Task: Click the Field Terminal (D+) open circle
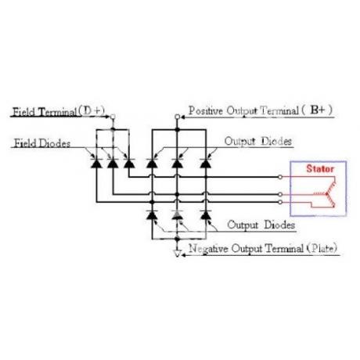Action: (x=113, y=117)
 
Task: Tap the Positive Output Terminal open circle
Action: (x=177, y=117)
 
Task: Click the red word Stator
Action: (x=320, y=168)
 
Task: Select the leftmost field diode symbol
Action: (x=96, y=164)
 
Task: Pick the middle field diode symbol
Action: (x=113, y=164)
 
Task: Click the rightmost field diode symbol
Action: (x=129, y=164)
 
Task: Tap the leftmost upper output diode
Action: (x=152, y=164)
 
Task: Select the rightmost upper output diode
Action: (x=206, y=164)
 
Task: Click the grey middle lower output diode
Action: (x=178, y=215)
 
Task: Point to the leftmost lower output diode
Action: (x=152, y=215)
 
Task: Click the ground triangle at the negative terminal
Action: (x=178, y=253)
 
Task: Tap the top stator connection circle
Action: (x=280, y=177)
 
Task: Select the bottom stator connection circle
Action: (x=280, y=202)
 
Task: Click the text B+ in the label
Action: (x=318, y=110)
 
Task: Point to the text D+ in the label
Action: (x=93, y=110)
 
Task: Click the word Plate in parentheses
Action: (x=323, y=248)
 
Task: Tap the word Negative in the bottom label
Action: (x=208, y=249)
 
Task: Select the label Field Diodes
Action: (x=42, y=143)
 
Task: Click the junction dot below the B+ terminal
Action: (x=178, y=129)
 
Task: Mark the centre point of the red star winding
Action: (x=326, y=194)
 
